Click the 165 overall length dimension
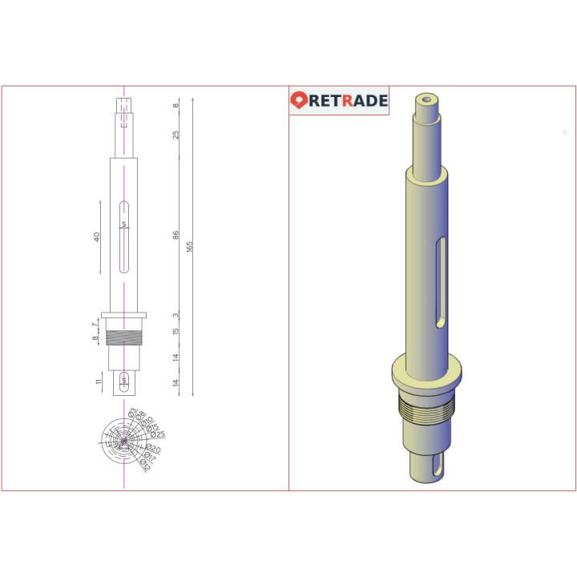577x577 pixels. (x=189, y=246)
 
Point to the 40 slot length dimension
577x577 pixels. (x=97, y=237)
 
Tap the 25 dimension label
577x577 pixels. (x=176, y=135)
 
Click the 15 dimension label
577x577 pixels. (x=176, y=331)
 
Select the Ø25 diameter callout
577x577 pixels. (x=158, y=435)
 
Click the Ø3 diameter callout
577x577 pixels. (x=133, y=412)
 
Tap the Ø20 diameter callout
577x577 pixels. (x=154, y=449)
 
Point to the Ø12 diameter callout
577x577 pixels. (x=145, y=462)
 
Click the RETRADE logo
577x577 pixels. (x=339, y=100)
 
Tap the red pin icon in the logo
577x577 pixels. (x=299, y=100)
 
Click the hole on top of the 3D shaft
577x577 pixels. (x=426, y=100)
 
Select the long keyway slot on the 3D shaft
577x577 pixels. (x=439, y=284)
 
